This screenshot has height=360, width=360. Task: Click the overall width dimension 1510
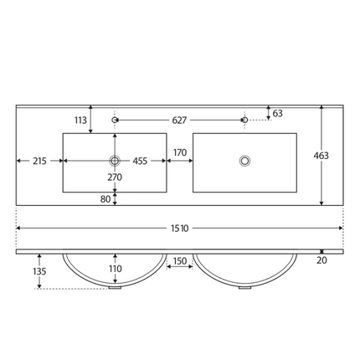pyautogui.click(x=180, y=229)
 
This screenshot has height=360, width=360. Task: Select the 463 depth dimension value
pyautogui.click(x=321, y=156)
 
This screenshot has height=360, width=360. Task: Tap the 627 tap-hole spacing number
pyautogui.click(x=179, y=121)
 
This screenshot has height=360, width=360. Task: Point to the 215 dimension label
pyautogui.click(x=39, y=161)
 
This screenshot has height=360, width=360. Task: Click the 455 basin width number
pyautogui.click(x=140, y=161)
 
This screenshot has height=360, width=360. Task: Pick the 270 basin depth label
pyautogui.click(x=115, y=177)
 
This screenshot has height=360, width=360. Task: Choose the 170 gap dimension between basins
pyautogui.click(x=180, y=152)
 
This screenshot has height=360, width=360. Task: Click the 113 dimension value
pyautogui.click(x=80, y=121)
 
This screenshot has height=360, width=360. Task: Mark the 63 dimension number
pyautogui.click(x=277, y=113)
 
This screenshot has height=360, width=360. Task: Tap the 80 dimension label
pyautogui.click(x=105, y=199)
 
